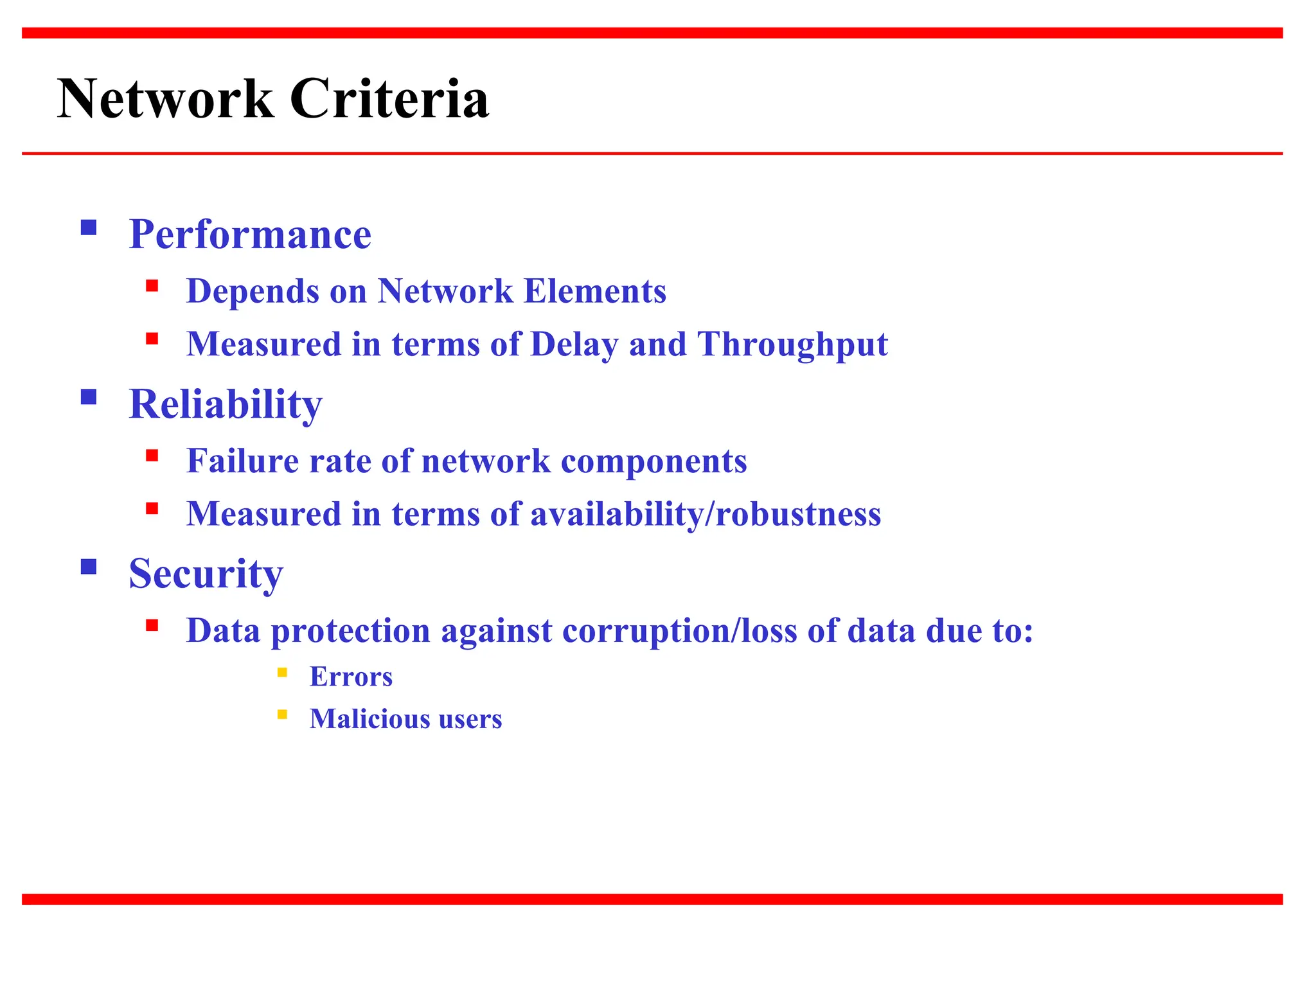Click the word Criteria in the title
tap(389, 99)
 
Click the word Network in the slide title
tap(165, 99)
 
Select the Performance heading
tap(250, 234)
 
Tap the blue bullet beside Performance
tap(89, 227)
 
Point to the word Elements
tap(595, 291)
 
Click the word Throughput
tap(792, 344)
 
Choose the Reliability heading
tap(226, 404)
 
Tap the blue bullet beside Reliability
tap(89, 397)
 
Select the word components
tap(654, 461)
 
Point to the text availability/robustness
tap(706, 515)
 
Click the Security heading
tap(206, 573)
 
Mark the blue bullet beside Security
tap(89, 566)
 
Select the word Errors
tap(351, 677)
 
